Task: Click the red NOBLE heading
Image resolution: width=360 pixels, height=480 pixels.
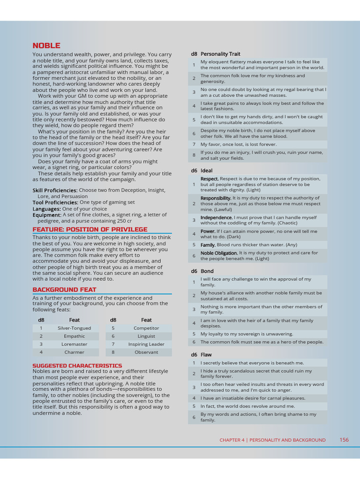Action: coord(46,45)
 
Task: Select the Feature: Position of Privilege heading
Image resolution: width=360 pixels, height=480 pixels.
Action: coord(90,229)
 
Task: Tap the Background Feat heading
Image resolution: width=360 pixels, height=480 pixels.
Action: coord(64,290)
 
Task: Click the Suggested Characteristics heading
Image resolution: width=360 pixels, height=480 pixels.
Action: coord(77,366)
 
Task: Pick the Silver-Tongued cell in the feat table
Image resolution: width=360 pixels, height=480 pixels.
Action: coord(74,328)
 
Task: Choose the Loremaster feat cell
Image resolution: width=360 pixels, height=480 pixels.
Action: coord(74,344)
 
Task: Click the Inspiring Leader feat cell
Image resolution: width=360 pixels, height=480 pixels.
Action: coord(146,344)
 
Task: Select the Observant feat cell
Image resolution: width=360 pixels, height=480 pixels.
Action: coord(146,352)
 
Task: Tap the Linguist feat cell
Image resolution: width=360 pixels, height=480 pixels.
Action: coord(146,336)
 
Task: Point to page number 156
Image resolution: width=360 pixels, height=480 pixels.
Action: coord(344,440)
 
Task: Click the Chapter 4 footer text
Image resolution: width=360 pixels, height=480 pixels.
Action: coord(272,440)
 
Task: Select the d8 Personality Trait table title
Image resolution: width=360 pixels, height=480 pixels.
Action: coord(216,54)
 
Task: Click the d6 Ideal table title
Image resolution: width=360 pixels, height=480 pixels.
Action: coord(202,171)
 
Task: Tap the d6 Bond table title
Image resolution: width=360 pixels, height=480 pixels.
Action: coord(202,271)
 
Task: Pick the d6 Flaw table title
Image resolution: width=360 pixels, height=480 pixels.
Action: coord(201,355)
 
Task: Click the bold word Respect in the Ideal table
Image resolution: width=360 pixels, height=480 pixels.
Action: coord(210,179)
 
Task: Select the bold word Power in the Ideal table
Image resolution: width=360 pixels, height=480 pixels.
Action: coord(208,231)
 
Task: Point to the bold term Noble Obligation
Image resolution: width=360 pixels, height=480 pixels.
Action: coord(219,253)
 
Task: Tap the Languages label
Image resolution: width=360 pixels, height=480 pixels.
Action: coord(46,209)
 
